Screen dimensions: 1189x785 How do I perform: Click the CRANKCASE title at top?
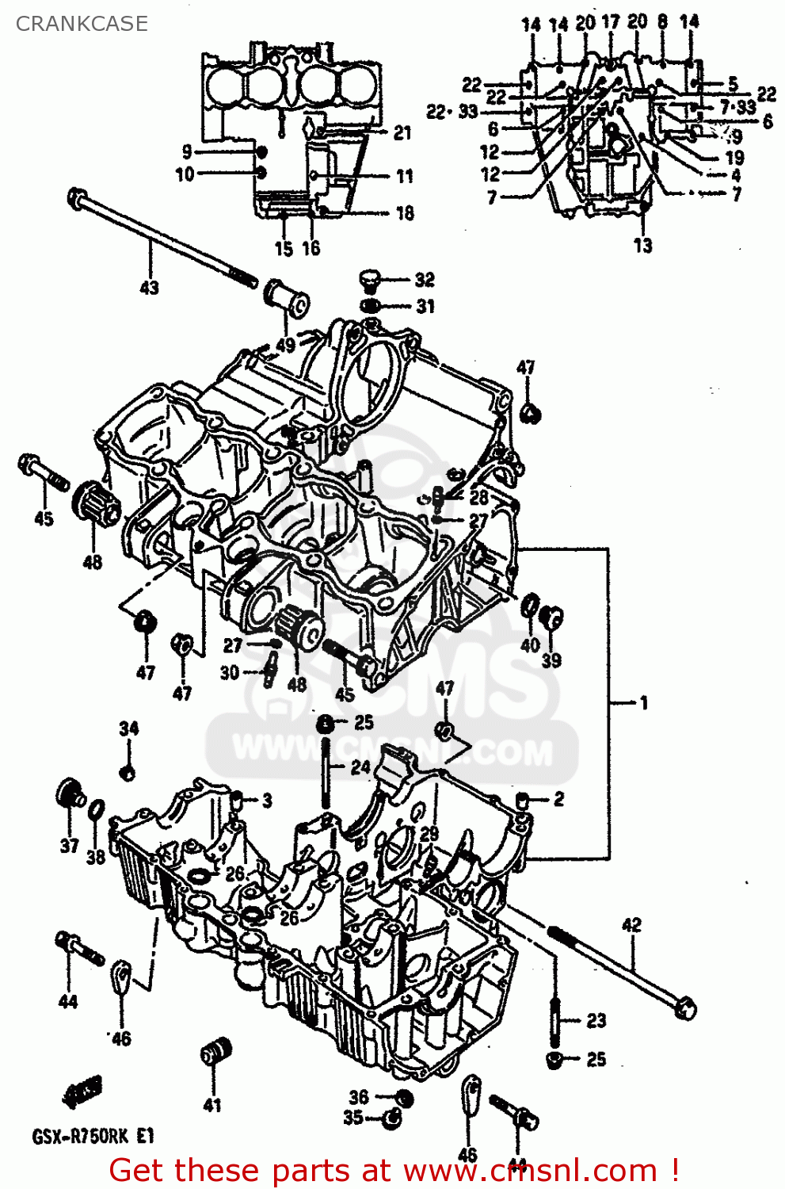point(82,24)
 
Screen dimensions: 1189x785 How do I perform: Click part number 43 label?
point(149,288)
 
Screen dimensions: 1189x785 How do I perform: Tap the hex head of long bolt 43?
point(78,197)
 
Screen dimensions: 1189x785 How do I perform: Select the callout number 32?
point(425,280)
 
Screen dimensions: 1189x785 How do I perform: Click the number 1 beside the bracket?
point(643,702)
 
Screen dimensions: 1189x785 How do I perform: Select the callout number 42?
point(631,924)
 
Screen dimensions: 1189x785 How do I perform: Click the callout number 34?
point(128,728)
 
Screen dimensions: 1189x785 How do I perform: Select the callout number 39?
point(551,660)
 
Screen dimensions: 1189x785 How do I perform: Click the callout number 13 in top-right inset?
point(642,246)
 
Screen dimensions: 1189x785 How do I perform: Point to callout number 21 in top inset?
point(402,132)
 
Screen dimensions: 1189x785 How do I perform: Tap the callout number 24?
point(360,767)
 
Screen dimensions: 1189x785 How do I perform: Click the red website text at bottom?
point(394,1170)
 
